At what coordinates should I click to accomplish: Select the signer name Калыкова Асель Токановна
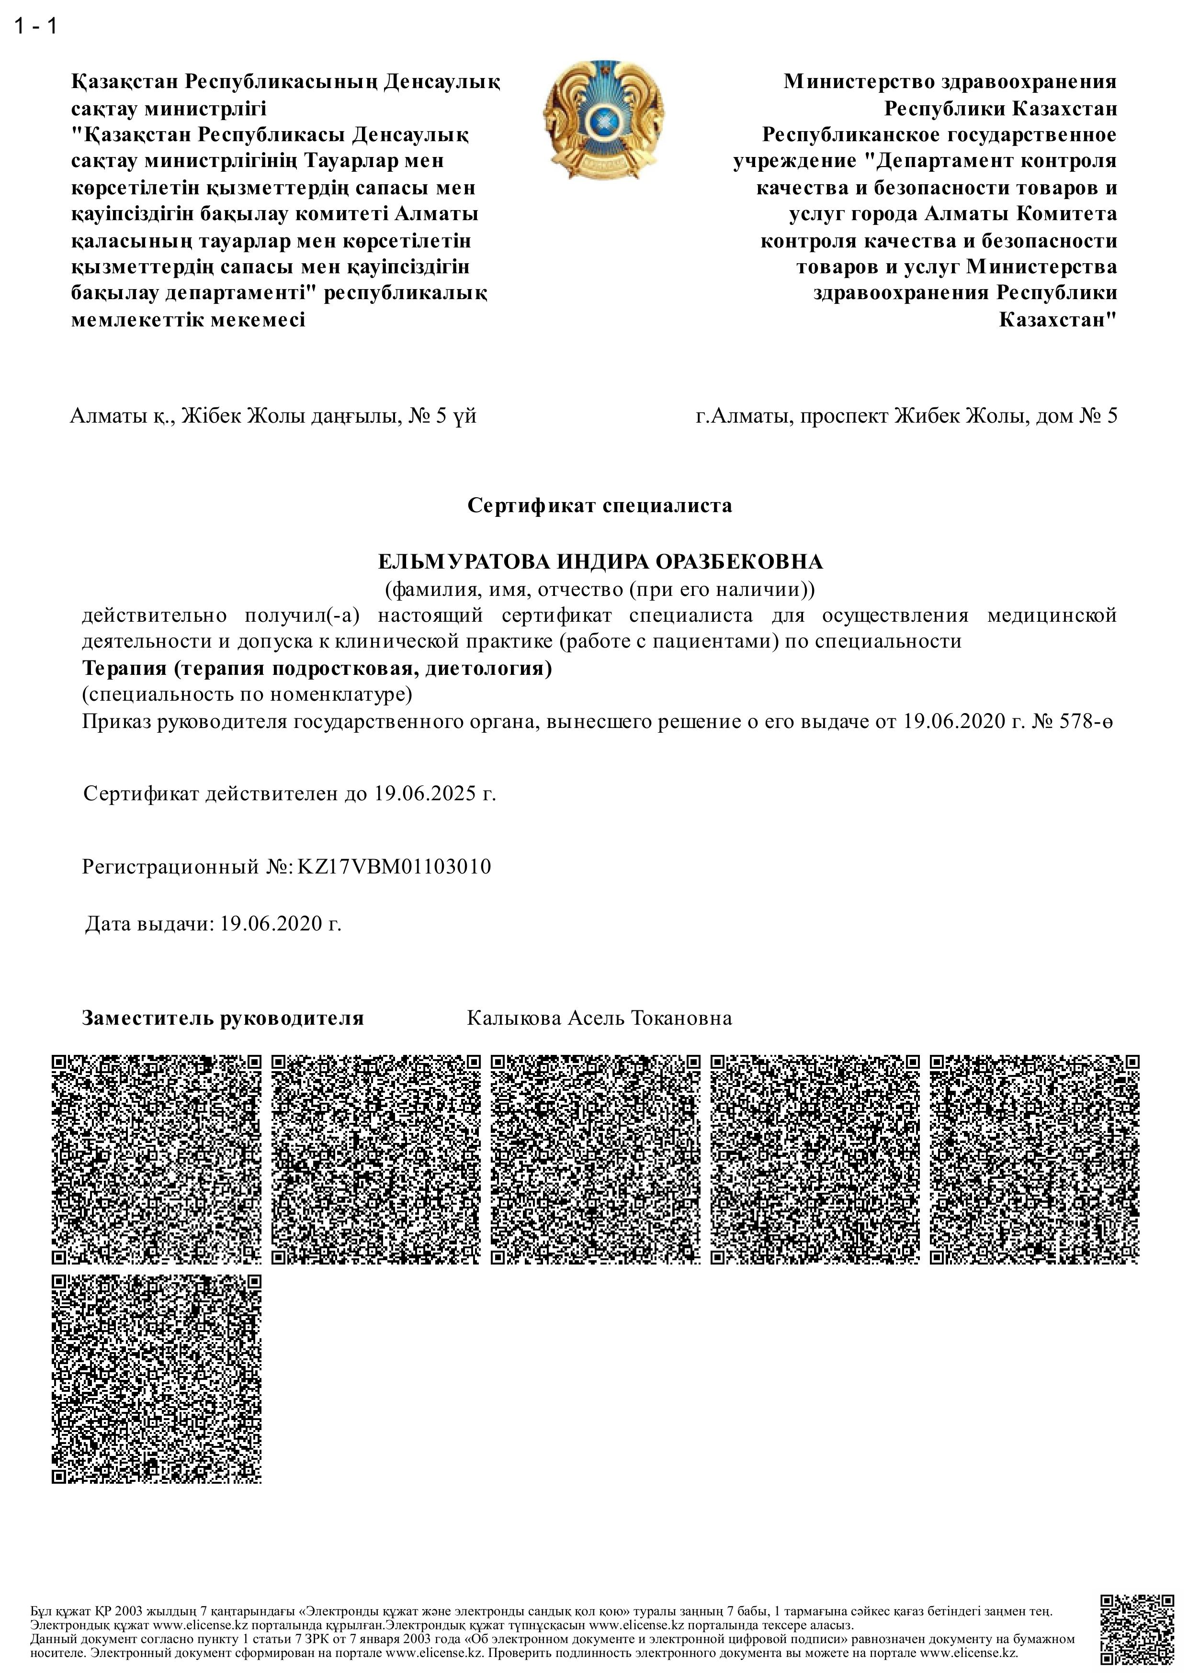[x=599, y=1018]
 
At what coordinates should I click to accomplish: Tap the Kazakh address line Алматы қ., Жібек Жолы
[x=273, y=416]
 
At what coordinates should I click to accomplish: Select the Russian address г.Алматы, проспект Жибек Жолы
[x=906, y=416]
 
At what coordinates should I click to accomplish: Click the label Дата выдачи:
[x=149, y=924]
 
